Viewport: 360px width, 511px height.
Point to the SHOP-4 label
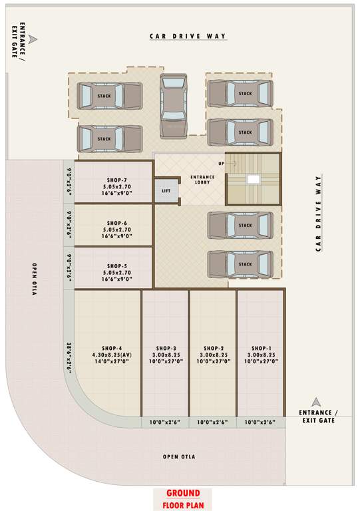tap(112, 348)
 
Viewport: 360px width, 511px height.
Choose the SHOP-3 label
tap(166, 348)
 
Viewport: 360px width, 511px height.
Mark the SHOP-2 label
tap(213, 348)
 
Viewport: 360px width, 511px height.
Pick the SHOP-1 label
tap(261, 348)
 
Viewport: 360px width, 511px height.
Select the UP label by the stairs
tap(221, 163)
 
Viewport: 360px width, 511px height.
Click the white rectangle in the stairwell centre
tap(253, 179)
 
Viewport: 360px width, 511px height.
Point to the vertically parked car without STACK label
tap(174, 103)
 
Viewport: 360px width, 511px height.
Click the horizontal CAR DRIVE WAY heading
tap(188, 36)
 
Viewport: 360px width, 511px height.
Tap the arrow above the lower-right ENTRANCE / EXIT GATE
tap(317, 401)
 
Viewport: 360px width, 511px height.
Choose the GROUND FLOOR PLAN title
tap(182, 498)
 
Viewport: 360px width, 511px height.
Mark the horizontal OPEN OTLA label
tap(179, 457)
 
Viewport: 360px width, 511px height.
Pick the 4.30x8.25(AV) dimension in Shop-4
tap(112, 355)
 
